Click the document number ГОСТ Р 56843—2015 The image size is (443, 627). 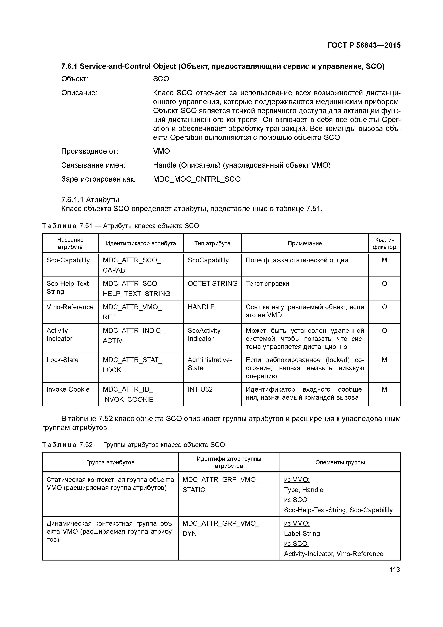[x=364, y=45]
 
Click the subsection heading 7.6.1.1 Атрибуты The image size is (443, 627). [x=90, y=200]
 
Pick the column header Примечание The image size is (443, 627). [x=305, y=243]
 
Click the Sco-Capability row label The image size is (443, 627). [x=68, y=260]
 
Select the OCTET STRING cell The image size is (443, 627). [x=212, y=283]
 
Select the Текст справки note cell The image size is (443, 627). [x=267, y=283]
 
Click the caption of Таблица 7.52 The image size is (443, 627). [x=133, y=445]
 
